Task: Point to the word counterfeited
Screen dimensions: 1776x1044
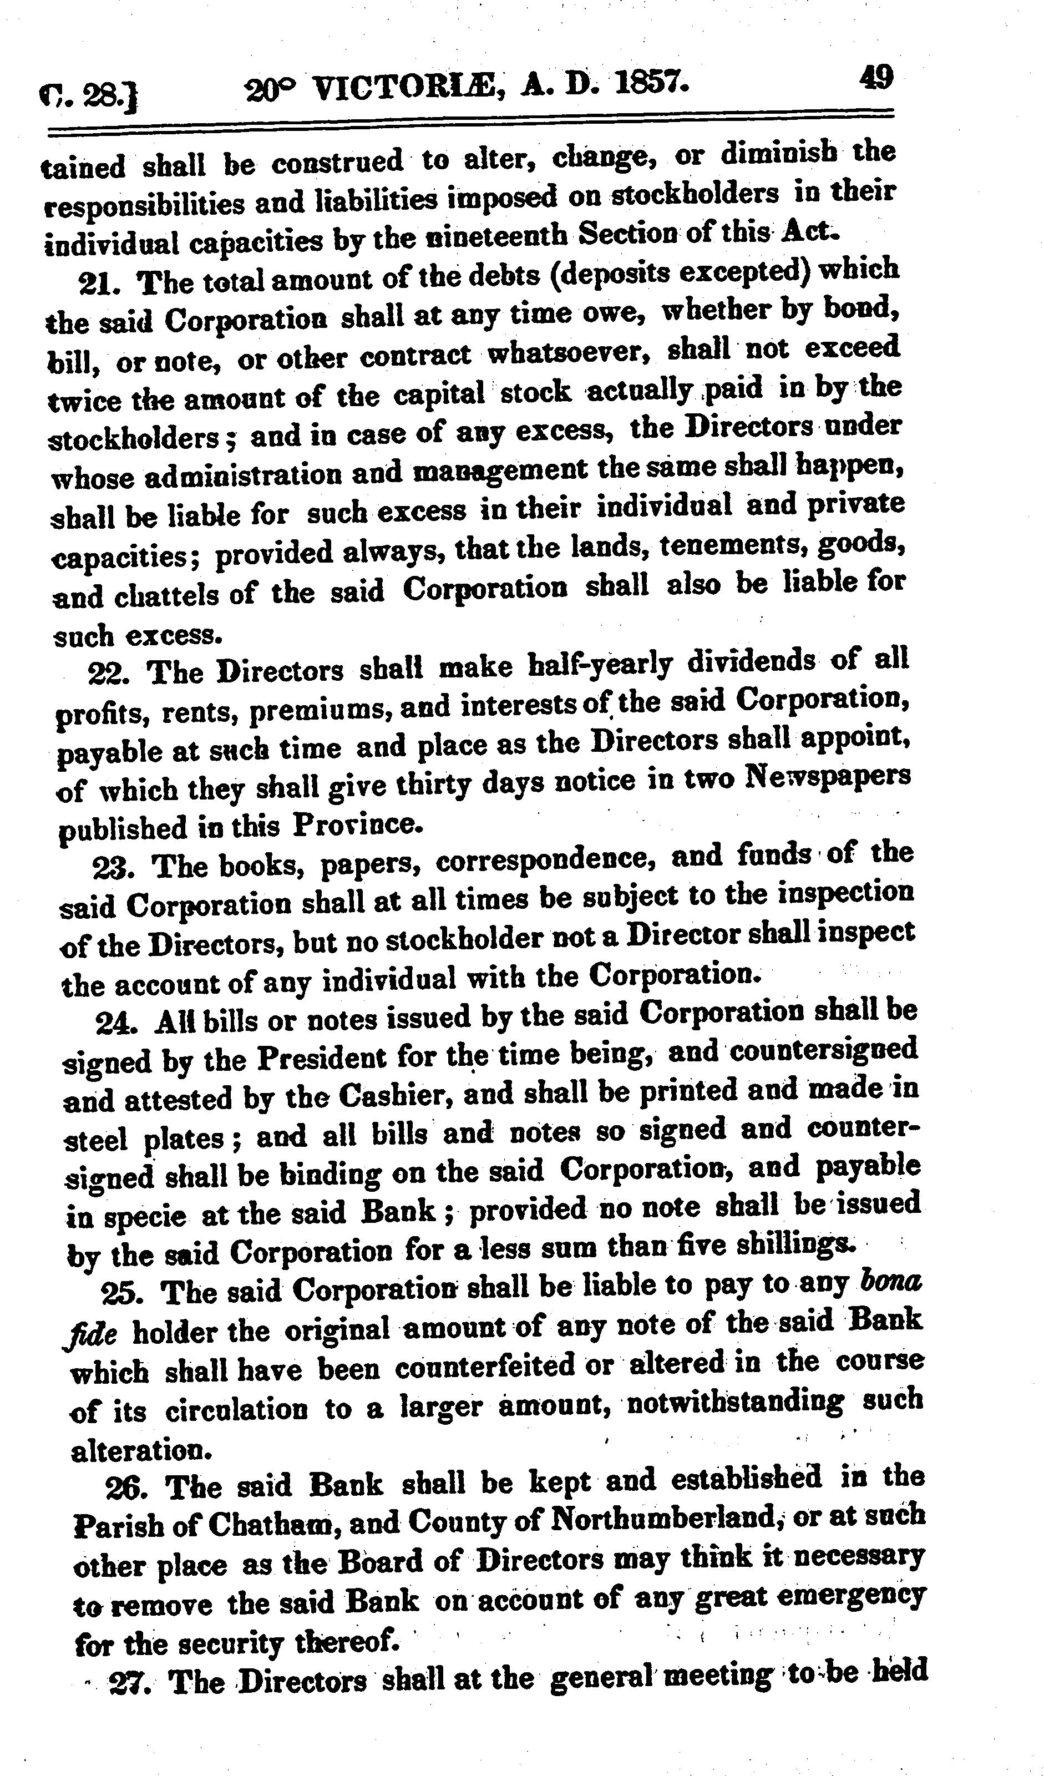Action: pyautogui.click(x=485, y=1367)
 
